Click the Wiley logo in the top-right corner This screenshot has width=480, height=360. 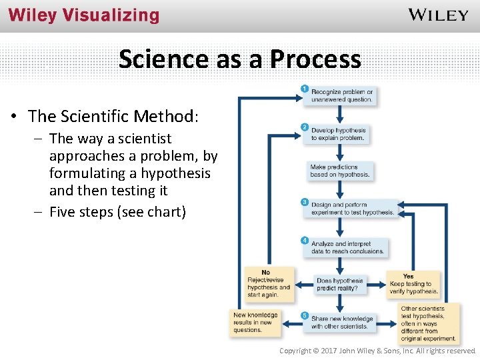click(438, 15)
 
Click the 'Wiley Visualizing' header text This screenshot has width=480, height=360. click(84, 16)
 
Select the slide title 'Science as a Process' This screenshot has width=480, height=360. click(240, 59)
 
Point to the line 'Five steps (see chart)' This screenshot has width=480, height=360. click(117, 213)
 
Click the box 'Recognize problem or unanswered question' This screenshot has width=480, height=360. click(341, 95)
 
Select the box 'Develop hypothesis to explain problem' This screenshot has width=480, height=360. click(339, 134)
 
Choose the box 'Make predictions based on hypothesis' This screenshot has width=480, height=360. click(339, 171)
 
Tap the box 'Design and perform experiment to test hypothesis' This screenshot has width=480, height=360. click(352, 209)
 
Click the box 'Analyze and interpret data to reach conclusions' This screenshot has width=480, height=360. click(347, 247)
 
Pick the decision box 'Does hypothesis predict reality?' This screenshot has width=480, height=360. click(339, 285)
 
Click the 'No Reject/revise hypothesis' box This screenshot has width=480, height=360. click(268, 284)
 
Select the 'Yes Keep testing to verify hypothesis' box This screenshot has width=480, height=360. click(413, 284)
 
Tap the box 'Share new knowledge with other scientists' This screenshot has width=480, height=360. click(341, 322)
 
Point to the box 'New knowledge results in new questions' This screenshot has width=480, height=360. click(255, 322)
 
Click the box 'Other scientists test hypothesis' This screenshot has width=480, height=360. click(428, 323)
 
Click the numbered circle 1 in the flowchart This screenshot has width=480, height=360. click(305, 88)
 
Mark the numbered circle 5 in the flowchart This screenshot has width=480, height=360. click(305, 315)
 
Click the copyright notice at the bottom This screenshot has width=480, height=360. click(377, 351)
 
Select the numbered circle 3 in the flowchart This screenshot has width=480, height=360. click(305, 201)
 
